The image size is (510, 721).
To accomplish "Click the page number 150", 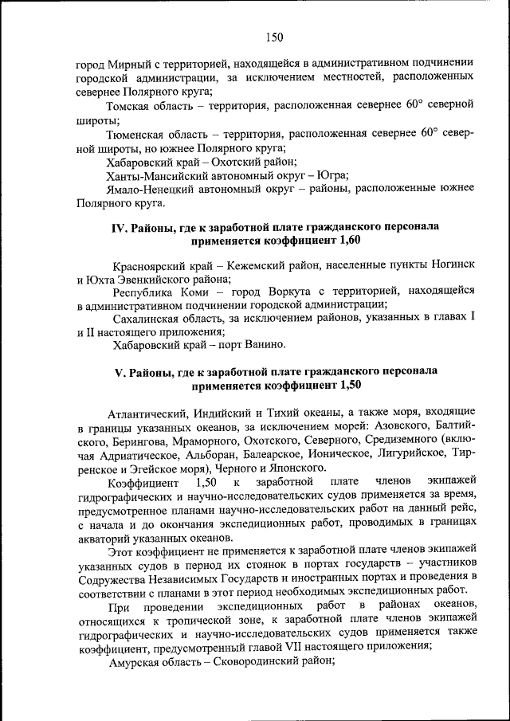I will [x=273, y=37].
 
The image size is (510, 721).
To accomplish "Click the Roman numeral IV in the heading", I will [x=119, y=227].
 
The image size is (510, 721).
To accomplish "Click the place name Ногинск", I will [x=453, y=264].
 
